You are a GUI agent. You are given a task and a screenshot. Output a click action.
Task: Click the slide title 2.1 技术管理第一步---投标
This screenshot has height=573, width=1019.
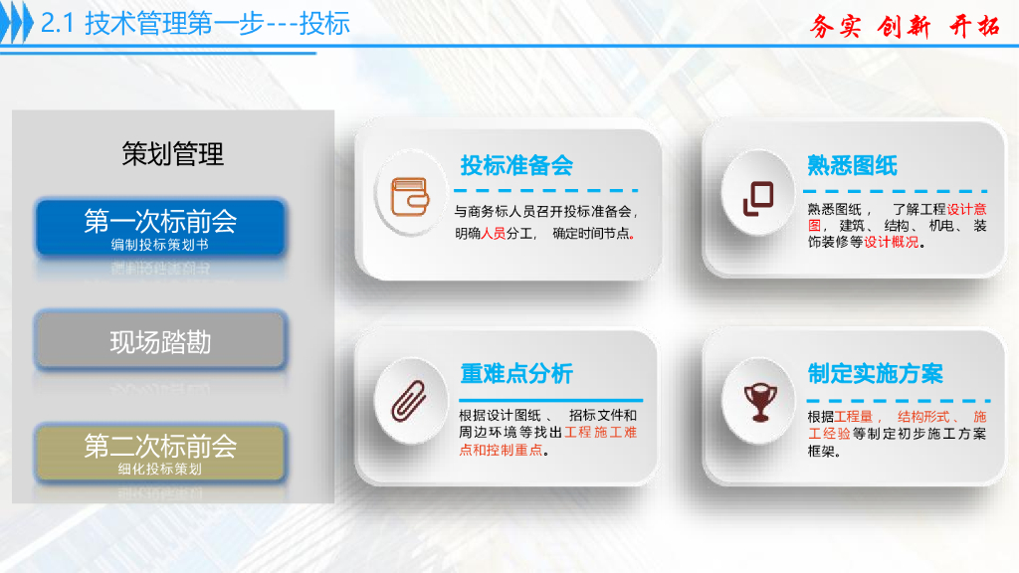[x=195, y=23]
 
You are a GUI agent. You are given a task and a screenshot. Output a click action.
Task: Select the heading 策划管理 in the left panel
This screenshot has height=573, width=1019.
[x=173, y=154]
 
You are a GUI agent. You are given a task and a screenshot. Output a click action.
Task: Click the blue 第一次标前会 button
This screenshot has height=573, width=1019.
[x=160, y=227]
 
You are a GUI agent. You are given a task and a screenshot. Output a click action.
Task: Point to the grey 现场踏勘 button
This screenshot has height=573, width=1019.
[x=160, y=342]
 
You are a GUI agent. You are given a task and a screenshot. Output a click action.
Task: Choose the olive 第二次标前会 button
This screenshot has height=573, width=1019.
[x=160, y=452]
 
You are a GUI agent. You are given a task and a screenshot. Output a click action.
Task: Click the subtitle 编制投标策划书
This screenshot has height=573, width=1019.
[x=160, y=244]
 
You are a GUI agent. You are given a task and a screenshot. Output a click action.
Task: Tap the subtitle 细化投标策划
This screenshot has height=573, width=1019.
[x=160, y=469]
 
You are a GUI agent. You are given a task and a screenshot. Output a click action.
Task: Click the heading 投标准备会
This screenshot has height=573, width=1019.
[x=516, y=165]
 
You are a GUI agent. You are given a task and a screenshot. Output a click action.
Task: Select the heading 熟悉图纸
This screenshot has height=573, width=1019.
[x=852, y=165]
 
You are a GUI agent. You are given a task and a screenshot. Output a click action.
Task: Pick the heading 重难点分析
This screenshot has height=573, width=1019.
[x=516, y=374]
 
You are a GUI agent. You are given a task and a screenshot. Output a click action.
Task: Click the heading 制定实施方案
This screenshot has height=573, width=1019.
[x=875, y=374]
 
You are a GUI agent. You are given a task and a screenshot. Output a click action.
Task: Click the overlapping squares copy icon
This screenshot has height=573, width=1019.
[x=757, y=198]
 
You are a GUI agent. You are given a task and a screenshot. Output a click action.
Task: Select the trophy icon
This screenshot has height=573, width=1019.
[x=757, y=400]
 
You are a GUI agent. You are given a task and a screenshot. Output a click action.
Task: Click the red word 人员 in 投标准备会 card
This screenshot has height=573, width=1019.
[x=494, y=234]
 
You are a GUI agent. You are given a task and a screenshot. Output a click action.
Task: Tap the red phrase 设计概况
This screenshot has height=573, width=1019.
[x=892, y=242]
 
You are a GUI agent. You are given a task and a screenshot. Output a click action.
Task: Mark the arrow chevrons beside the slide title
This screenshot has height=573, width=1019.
[x=17, y=24]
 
